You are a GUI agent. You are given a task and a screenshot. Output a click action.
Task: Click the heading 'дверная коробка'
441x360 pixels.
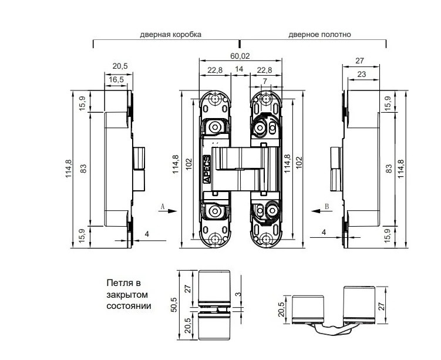click(170, 34)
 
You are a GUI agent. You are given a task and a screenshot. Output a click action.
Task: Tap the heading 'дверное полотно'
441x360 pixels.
click(319, 34)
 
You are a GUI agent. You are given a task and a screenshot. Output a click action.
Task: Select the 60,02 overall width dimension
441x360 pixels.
click(240, 56)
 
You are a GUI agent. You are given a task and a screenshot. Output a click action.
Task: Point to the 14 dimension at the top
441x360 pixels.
click(240, 70)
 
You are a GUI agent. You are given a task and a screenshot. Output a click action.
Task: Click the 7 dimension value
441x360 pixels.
click(265, 80)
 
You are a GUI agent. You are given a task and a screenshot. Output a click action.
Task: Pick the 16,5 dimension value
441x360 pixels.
click(116, 79)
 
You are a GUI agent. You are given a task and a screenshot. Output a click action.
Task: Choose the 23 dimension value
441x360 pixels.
click(361, 75)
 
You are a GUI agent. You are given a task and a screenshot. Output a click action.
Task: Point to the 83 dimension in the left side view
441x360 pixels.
click(83, 169)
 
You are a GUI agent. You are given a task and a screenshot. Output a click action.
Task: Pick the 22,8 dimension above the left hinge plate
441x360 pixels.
click(215, 70)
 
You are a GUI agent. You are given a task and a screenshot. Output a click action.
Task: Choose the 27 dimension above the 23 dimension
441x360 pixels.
click(361, 60)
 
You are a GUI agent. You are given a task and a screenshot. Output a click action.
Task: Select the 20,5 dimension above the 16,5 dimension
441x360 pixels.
click(121, 65)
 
